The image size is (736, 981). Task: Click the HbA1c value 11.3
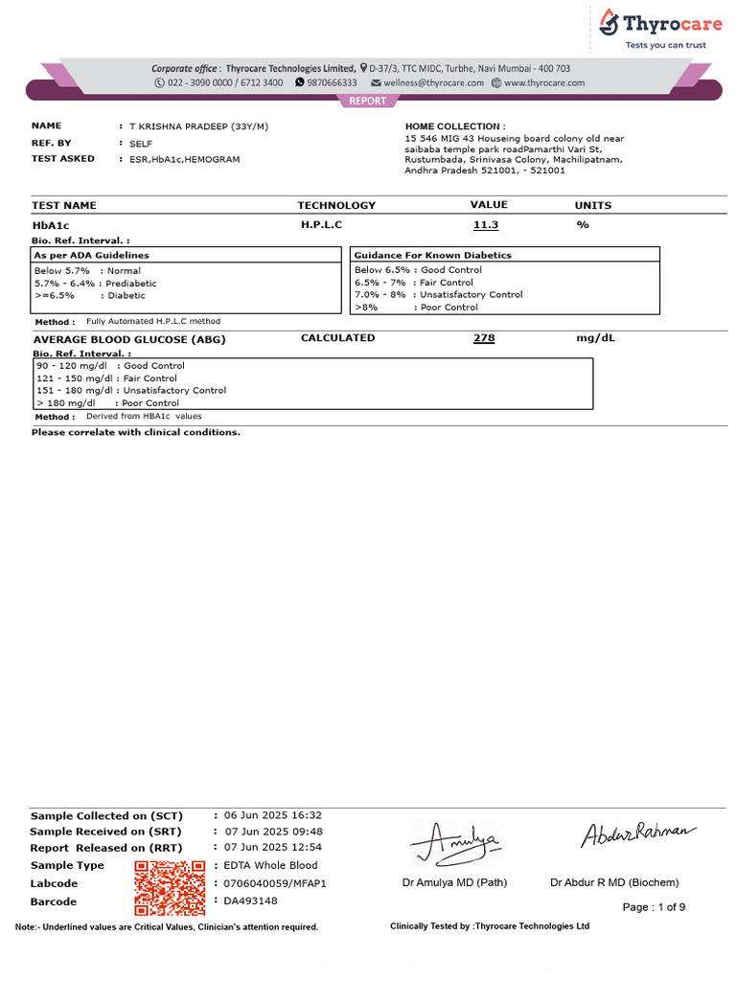[x=486, y=225]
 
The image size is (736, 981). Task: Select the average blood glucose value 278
[x=484, y=339]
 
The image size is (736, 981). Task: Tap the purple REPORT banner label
[x=367, y=101]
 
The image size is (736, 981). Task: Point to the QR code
[x=171, y=887]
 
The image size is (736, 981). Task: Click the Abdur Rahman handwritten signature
[x=633, y=835]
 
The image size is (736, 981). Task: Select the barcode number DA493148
[x=250, y=901]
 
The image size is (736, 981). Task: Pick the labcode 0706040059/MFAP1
[x=274, y=883]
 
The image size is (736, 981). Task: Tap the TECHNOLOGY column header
[x=336, y=206]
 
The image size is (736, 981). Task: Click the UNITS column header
[x=592, y=206]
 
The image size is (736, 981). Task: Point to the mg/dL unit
[x=594, y=339]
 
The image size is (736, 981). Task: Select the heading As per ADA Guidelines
[x=92, y=256]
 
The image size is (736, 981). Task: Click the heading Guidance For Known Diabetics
[x=432, y=256]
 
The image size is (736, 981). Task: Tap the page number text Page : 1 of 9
[x=654, y=907]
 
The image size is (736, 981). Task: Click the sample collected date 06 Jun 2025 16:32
[x=272, y=815]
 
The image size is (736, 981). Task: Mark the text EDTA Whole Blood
[x=270, y=865]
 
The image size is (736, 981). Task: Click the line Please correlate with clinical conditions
[x=136, y=432]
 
